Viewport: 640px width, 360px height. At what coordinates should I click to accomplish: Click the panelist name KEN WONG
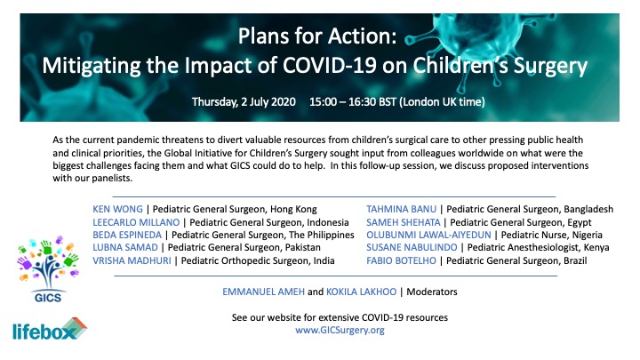(x=117, y=210)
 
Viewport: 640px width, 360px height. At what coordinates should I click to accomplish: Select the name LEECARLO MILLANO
(x=136, y=222)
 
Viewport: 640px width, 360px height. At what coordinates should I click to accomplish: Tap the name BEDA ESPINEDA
(x=127, y=235)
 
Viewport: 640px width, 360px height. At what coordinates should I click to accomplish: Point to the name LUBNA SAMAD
(x=125, y=247)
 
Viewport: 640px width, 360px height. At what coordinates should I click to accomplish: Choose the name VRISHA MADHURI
(x=132, y=260)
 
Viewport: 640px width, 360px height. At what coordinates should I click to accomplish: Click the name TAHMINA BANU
(x=401, y=210)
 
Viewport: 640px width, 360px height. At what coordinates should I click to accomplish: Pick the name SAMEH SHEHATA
(x=404, y=222)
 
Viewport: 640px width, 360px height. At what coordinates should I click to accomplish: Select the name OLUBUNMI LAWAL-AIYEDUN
(x=428, y=235)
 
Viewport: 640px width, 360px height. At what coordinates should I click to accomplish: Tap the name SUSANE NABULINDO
(x=412, y=247)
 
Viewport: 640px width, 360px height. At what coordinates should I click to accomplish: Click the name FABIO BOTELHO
(x=401, y=260)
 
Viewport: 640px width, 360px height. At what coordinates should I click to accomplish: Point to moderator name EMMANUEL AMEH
(x=264, y=292)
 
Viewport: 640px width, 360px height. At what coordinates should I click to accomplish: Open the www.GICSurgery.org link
(x=340, y=330)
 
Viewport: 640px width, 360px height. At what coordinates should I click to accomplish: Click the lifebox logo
(x=50, y=330)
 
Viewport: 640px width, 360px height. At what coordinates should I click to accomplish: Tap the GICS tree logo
(x=48, y=268)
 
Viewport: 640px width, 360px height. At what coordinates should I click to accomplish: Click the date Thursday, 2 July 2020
(x=244, y=101)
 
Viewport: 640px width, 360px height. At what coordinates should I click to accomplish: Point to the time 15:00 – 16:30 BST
(x=353, y=101)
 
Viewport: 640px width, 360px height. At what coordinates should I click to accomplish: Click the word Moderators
(x=432, y=292)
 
